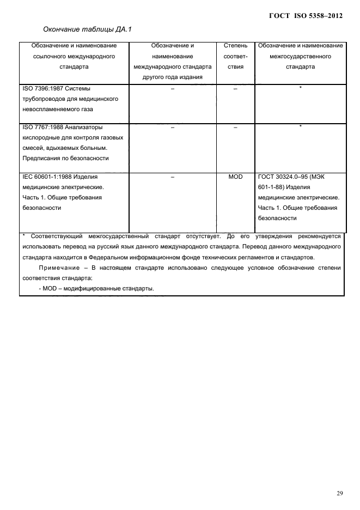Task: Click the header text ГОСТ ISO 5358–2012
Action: pyautogui.click(x=306, y=16)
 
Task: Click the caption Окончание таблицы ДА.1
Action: pyautogui.click(x=84, y=29)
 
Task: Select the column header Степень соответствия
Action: pyautogui.click(x=235, y=56)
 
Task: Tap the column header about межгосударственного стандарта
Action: pyautogui.click(x=300, y=56)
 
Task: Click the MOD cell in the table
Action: pyautogui.click(x=235, y=177)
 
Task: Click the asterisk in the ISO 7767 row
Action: pyautogui.click(x=300, y=126)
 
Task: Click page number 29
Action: pyautogui.click(x=339, y=493)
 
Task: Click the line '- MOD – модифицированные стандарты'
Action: pyautogui.click(x=97, y=288)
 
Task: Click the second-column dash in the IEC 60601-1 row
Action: pyautogui.click(x=172, y=177)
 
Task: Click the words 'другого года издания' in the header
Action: pyautogui.click(x=172, y=77)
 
